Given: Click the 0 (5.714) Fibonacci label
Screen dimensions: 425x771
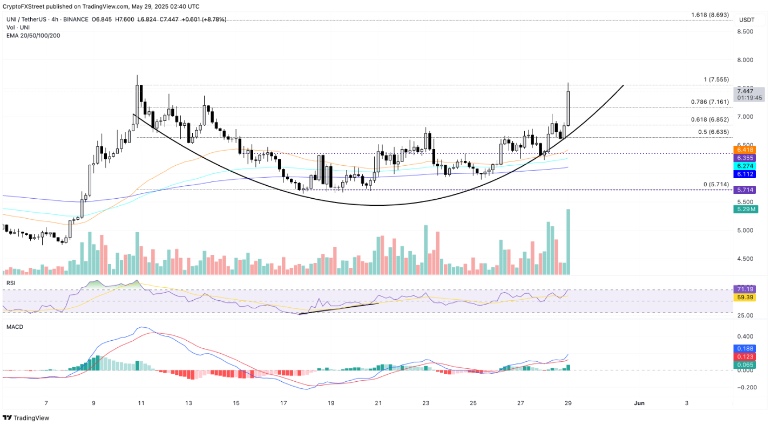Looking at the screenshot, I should [716, 184].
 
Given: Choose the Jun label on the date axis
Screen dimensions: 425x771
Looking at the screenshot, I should [639, 403].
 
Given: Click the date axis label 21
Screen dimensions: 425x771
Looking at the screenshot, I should [378, 403].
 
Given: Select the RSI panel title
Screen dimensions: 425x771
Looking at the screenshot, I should [10, 282].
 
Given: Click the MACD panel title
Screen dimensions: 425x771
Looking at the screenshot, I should [15, 327].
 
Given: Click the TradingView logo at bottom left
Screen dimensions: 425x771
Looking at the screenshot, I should [27, 418].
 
